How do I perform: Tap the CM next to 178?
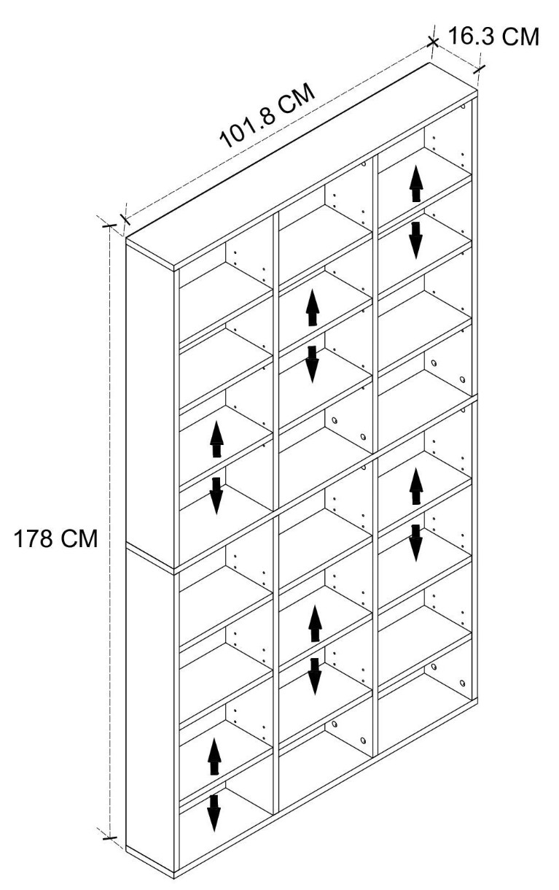pos(79,539)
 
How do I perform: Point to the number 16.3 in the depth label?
pos(469,36)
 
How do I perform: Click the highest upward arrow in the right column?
pos(415,183)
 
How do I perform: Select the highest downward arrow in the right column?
pos(415,241)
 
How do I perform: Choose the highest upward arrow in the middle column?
pos(313,308)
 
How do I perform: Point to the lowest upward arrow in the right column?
pos(415,487)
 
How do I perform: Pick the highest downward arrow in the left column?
pos(216,496)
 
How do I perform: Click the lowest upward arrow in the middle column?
pos(315,624)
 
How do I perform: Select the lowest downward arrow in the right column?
pos(415,543)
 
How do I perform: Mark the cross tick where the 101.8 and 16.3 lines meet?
pos(433,42)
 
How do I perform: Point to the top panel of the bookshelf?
pos(302,167)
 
